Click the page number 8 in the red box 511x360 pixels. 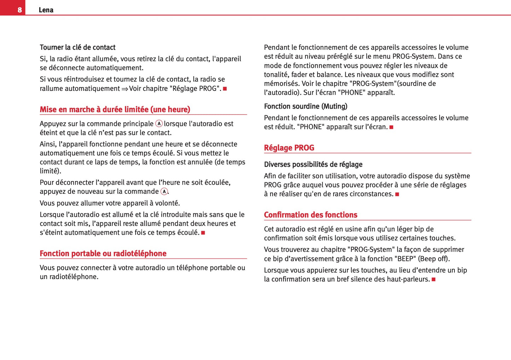19,10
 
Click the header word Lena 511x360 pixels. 46,10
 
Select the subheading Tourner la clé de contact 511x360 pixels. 77,47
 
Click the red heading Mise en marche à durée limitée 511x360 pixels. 115,109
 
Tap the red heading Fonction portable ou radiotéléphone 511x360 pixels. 103,253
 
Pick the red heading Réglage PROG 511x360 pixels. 289,147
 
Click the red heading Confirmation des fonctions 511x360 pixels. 310,215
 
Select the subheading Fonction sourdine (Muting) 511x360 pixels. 306,106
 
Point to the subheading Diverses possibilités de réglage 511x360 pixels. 313,164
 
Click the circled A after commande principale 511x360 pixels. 159,123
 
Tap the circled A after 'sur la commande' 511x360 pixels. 164,191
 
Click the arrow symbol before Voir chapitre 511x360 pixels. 124,89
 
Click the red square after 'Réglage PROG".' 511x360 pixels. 225,88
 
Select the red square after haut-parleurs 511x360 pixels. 434,279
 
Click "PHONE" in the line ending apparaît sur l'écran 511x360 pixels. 311,127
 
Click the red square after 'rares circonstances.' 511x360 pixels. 397,194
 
